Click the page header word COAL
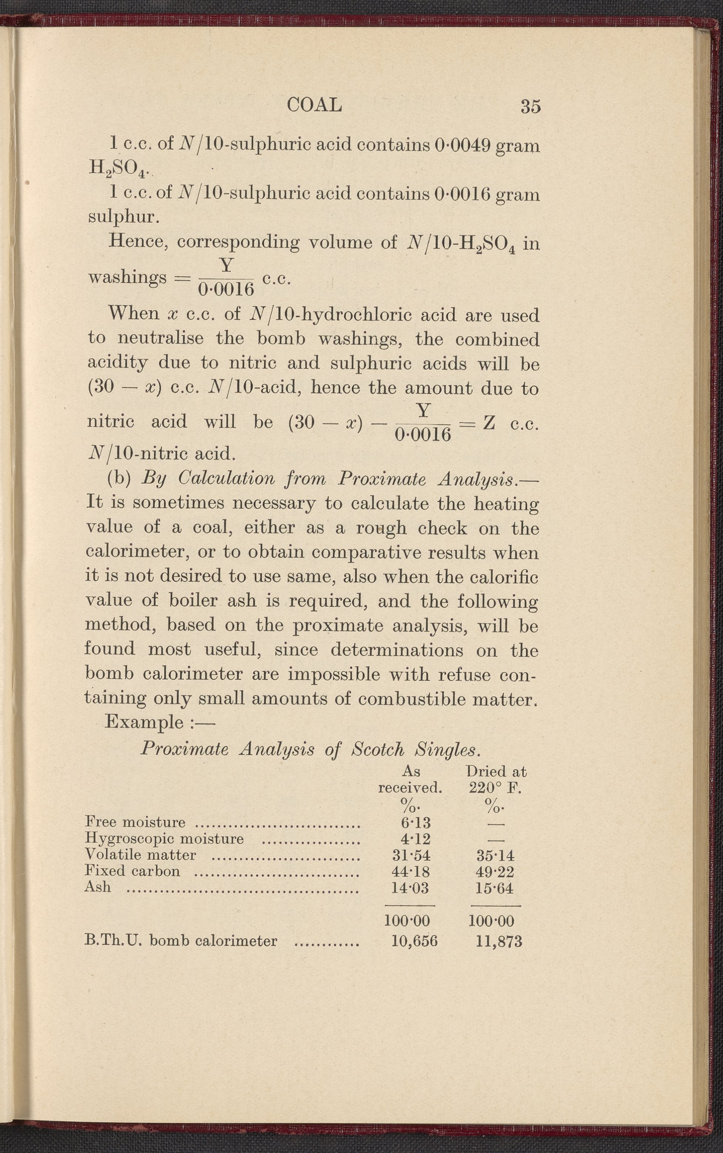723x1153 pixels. [314, 105]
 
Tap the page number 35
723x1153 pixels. [531, 106]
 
